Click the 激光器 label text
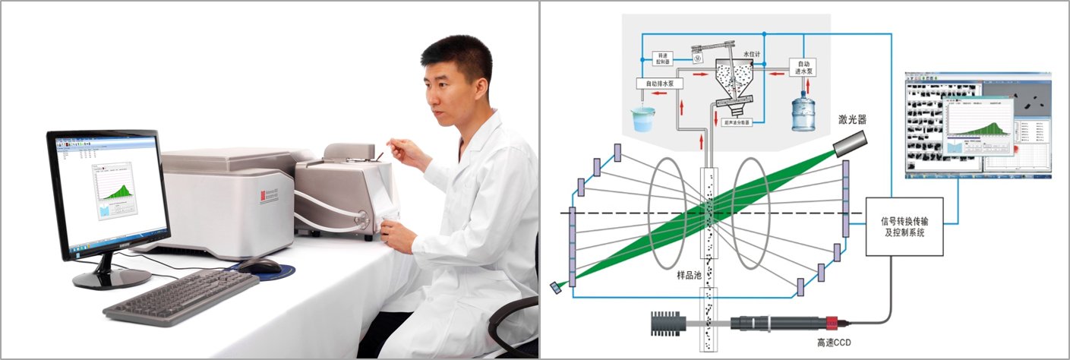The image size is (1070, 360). (852, 118)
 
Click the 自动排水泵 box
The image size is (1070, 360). (658, 83)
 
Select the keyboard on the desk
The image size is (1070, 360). (181, 295)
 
